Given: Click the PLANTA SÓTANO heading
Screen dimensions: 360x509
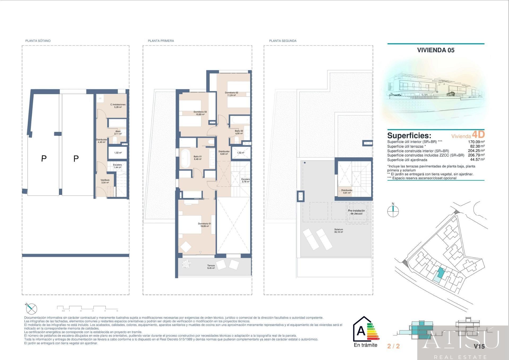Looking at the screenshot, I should coord(38,41).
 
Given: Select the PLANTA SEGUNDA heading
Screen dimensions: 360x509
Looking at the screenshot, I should coord(283,41).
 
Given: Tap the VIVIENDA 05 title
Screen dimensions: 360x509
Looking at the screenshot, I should coord(436,50).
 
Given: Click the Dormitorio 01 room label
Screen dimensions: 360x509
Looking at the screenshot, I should coord(204,225).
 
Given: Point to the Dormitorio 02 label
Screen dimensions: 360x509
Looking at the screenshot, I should coord(231,94).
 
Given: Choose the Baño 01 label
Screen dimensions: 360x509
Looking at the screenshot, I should coord(198,158).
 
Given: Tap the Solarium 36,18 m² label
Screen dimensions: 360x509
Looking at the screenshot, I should coord(339,231).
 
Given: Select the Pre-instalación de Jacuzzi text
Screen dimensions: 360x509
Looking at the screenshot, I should coord(356,212).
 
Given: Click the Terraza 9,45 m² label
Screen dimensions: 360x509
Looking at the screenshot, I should coord(211,267).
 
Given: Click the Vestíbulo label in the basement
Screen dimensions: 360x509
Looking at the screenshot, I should coord(105,181).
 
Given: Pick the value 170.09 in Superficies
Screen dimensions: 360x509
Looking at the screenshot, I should coord(474,142).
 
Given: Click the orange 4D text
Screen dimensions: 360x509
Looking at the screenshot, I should coord(478,135).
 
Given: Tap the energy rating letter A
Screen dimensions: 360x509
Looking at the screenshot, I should coord(361,331).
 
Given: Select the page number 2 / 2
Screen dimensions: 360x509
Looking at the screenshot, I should coord(393,346).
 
